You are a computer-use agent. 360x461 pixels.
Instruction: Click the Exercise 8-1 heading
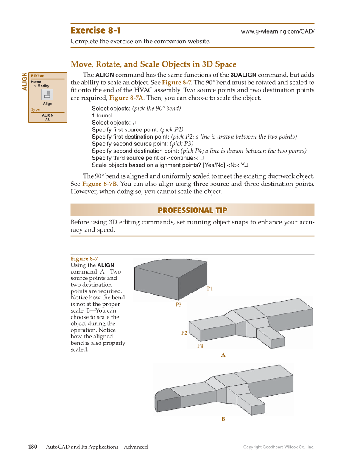pos(95,31)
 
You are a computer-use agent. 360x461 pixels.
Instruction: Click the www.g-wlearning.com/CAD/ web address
pos(277,32)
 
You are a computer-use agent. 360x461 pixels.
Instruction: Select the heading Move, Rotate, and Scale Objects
pos(153,64)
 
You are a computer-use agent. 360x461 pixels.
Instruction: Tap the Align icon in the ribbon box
pos(47,95)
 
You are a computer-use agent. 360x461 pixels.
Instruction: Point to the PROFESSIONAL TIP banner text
pos(192,210)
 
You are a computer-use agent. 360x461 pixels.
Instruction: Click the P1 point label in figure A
pos(210,288)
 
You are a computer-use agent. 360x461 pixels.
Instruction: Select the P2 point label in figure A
pos(184,333)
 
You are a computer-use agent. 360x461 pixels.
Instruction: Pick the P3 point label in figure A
pos(179,305)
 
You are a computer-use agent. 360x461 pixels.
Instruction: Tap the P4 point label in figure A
pos(200,346)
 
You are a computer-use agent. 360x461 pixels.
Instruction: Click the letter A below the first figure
pos(223,355)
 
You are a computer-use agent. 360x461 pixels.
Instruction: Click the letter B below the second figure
pos(223,419)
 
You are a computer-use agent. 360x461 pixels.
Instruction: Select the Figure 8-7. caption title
pos(84,259)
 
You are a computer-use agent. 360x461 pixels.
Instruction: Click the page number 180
pos(33,447)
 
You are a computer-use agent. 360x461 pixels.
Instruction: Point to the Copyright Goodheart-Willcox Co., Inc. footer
pos(279,447)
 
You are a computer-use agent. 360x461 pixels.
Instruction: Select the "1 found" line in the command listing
pos(102,115)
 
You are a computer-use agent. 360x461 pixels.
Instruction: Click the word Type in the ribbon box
pos(36,109)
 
